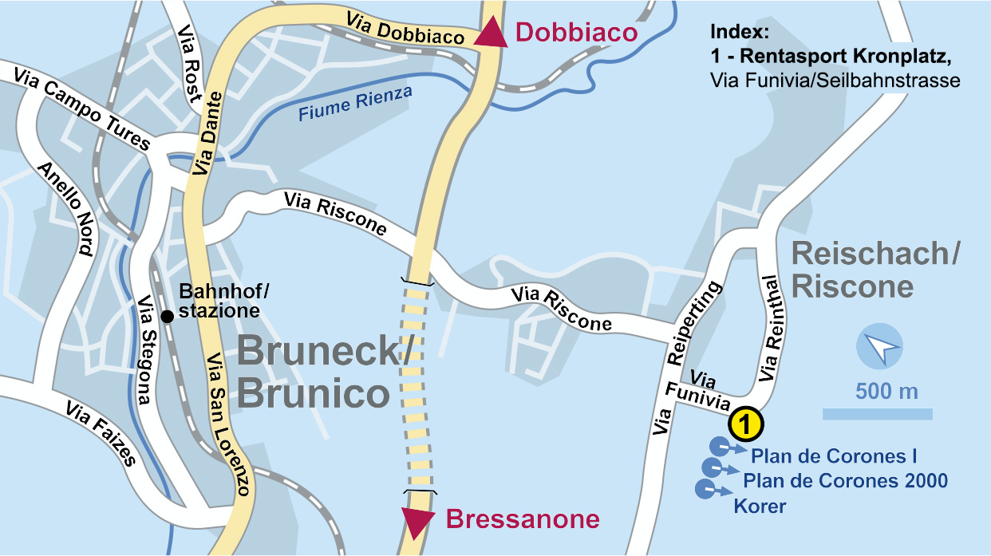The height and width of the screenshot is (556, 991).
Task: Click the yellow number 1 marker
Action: pyautogui.click(x=744, y=424)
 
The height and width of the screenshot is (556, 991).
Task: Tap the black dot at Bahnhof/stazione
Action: pyautogui.click(x=168, y=317)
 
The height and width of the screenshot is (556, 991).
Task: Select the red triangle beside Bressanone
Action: pyautogui.click(x=417, y=522)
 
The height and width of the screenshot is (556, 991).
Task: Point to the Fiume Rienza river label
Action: pyautogui.click(x=356, y=104)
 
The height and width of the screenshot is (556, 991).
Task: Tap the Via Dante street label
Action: pyautogui.click(x=207, y=132)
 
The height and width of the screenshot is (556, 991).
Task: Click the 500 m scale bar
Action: pyautogui.click(x=878, y=413)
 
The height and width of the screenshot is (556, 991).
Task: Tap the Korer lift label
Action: pyautogui.click(x=760, y=506)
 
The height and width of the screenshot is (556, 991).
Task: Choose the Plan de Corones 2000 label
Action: pyautogui.click(x=846, y=481)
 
